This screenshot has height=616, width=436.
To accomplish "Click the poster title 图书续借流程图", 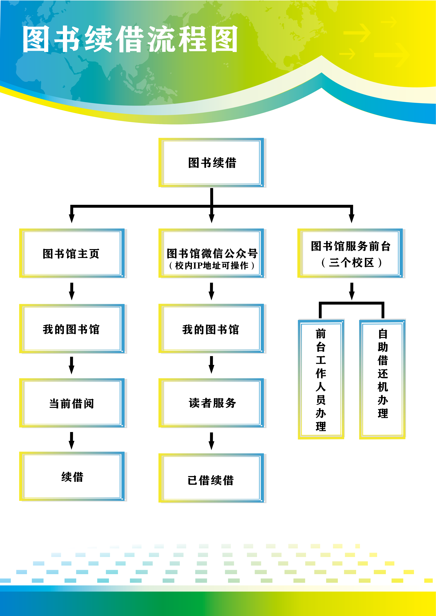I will pyautogui.click(x=130, y=39).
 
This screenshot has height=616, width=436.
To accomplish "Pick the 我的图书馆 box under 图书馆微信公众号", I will pyautogui.click(x=211, y=329).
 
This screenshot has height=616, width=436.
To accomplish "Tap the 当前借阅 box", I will pyautogui.click(x=71, y=403).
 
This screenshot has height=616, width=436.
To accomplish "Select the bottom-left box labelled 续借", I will pyautogui.click(x=72, y=477).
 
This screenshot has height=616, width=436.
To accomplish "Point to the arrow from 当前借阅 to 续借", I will pyautogui.click(x=71, y=440).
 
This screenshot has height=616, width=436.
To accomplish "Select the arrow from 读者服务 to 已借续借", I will pyautogui.click(x=212, y=441).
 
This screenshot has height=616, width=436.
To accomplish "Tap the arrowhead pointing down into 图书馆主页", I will pyautogui.click(x=72, y=218).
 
